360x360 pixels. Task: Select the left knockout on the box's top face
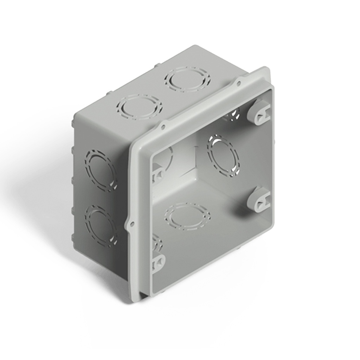pos(140,107)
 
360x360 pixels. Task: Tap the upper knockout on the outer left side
pos(101,170)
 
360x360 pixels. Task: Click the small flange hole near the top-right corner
pos(239,83)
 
